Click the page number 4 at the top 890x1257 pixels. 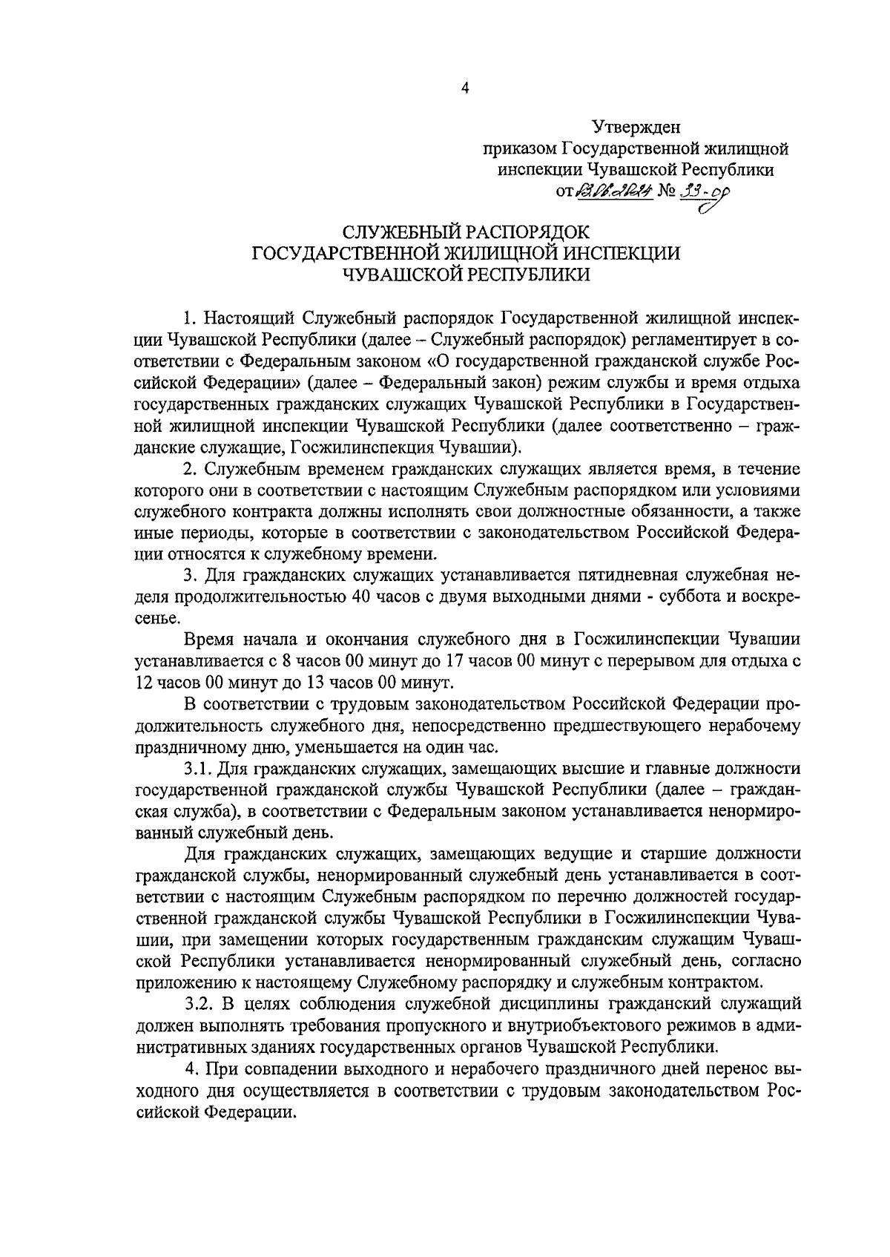(x=465, y=88)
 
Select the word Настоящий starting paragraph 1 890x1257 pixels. (x=250, y=319)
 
